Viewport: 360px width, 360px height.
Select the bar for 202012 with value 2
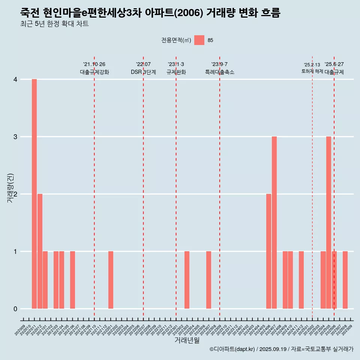click(40, 251)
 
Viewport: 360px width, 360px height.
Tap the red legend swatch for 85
click(199, 40)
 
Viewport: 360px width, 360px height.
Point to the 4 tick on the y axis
click(15, 79)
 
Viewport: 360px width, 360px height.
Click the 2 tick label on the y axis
click(15, 194)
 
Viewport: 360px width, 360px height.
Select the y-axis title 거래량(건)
click(10, 187)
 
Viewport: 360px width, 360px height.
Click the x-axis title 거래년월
click(187, 340)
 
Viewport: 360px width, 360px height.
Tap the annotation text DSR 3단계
click(143, 72)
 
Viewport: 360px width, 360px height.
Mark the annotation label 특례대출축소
click(220, 72)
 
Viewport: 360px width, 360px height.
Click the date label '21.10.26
click(94, 64)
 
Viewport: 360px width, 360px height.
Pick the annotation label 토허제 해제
click(312, 71)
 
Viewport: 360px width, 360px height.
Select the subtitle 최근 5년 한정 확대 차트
click(55, 24)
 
